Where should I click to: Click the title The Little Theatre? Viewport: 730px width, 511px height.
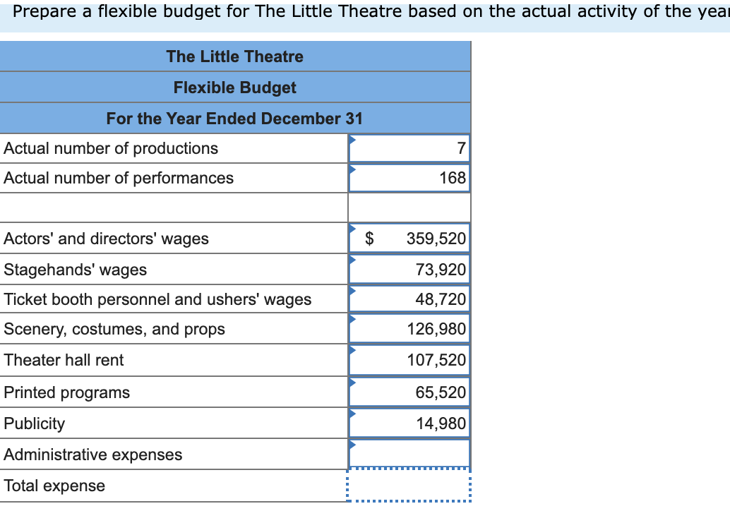coord(234,56)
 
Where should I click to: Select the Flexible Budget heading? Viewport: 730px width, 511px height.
coord(234,88)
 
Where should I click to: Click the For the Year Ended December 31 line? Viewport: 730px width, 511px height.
coord(234,119)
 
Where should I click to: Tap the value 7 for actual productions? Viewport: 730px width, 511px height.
coord(461,148)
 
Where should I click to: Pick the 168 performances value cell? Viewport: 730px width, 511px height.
coord(453,178)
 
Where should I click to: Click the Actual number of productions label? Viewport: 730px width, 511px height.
coord(111,148)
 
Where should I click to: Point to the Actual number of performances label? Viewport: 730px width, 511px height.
coord(119,178)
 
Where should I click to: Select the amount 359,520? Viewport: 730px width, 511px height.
coord(436,239)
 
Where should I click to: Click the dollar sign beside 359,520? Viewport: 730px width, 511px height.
coord(369,239)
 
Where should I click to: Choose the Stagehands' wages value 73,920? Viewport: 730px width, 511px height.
coord(441,270)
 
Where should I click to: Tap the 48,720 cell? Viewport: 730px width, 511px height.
coord(441,299)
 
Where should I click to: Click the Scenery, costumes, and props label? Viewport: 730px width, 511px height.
coord(114,329)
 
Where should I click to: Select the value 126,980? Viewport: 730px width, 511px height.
coord(436,329)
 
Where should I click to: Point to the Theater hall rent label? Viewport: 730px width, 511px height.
coord(64,360)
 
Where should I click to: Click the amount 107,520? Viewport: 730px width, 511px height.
coord(436,360)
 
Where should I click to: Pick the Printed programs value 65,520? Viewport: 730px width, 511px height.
coord(441,392)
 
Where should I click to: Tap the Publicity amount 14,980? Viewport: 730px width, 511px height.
coord(441,423)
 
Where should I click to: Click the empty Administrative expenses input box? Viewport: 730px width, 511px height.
coord(409,454)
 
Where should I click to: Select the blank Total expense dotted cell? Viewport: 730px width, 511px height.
coord(409,486)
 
